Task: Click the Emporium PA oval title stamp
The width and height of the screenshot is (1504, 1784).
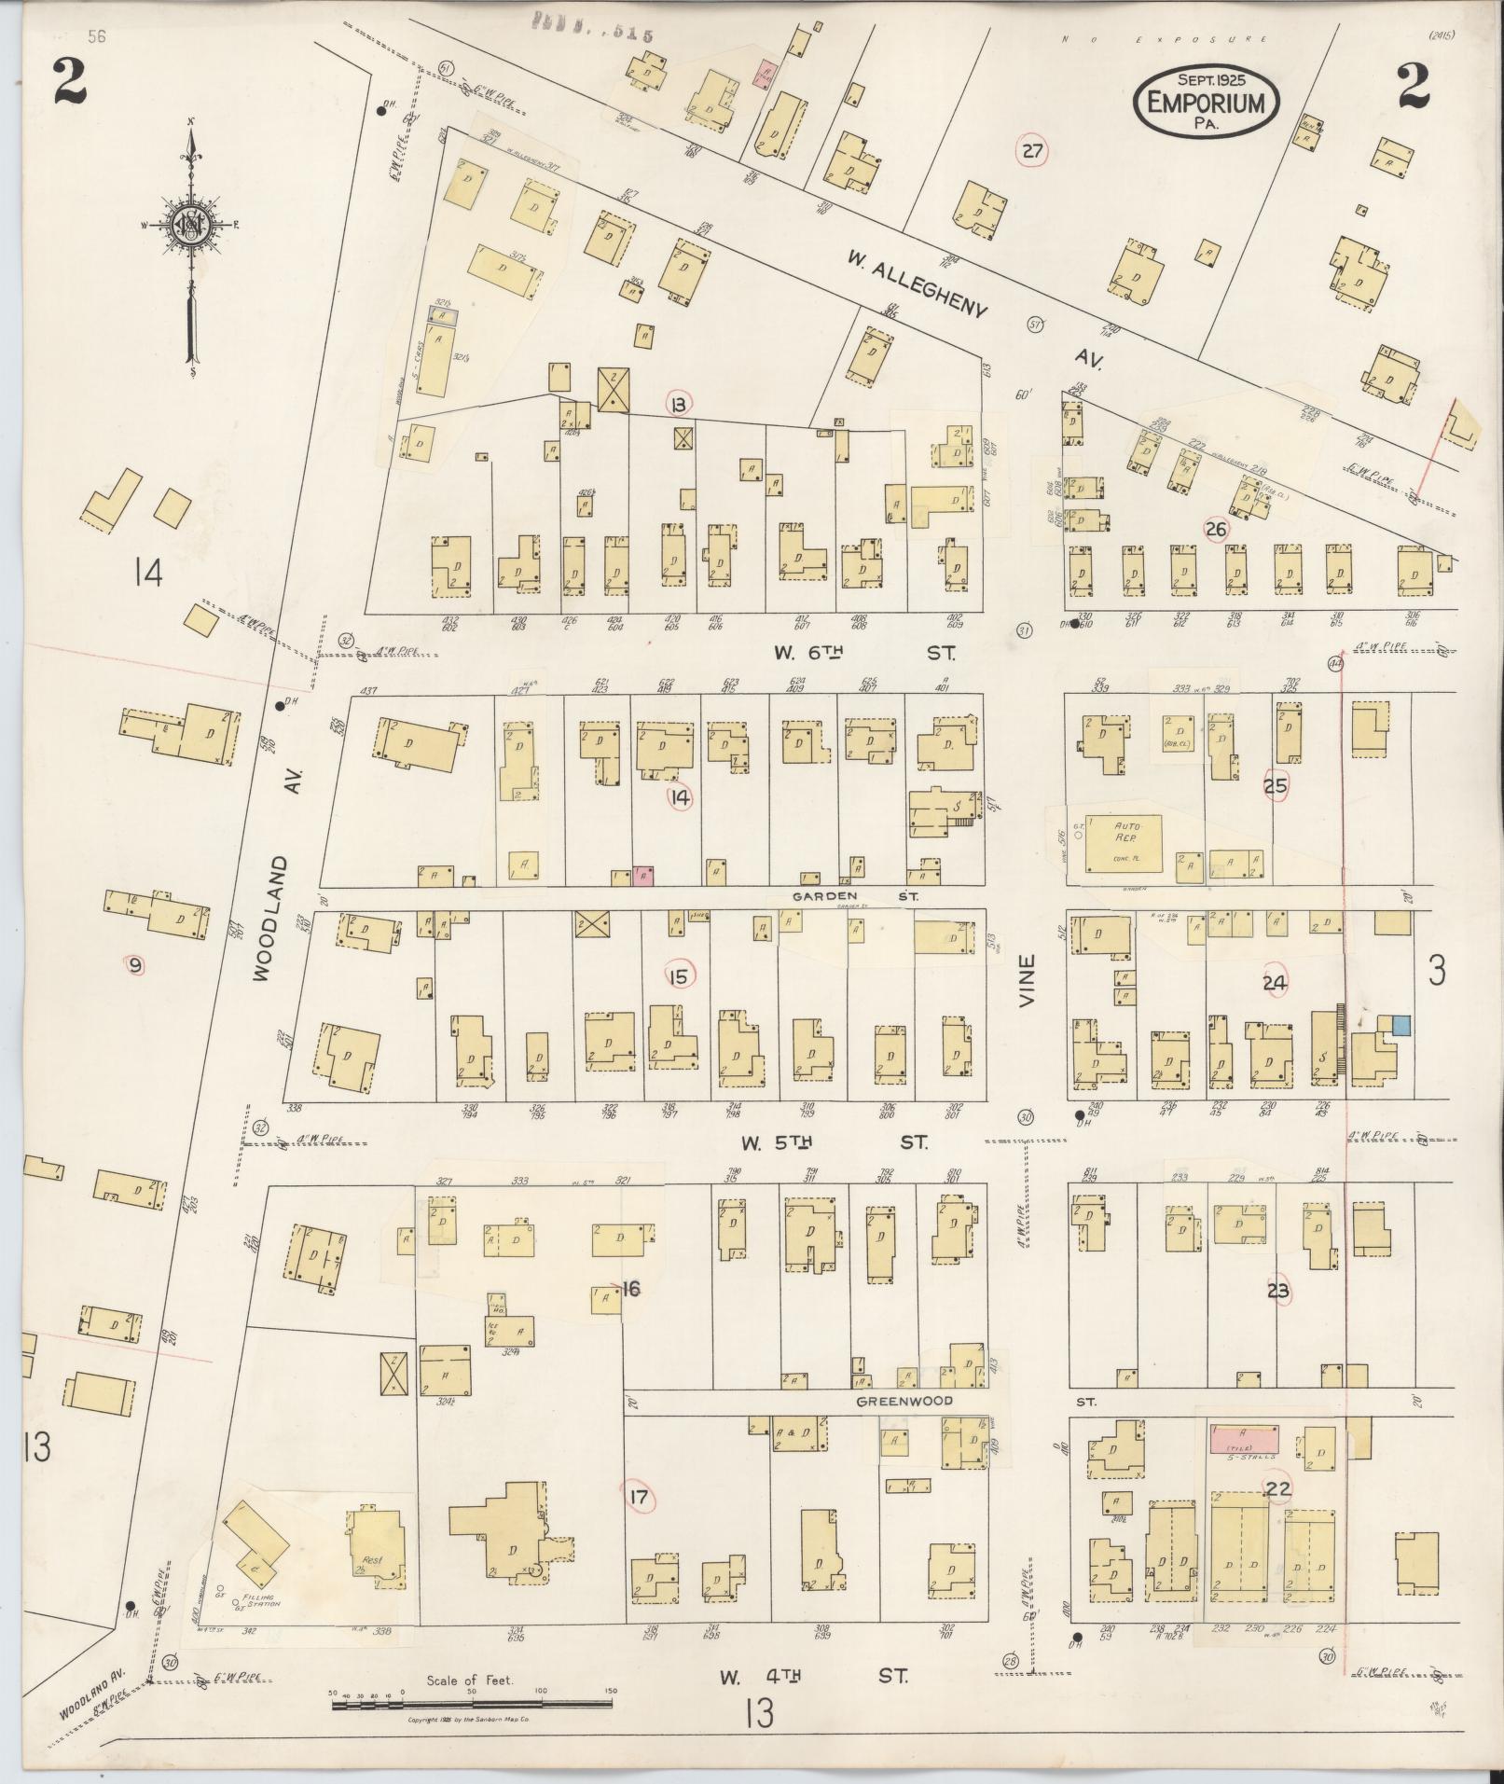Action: point(1207,101)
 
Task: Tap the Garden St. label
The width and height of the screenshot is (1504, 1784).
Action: point(855,895)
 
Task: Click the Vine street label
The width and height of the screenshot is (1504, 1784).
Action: point(1028,979)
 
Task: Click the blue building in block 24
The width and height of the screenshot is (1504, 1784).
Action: point(1401,1024)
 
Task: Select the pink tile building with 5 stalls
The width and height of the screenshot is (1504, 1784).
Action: point(1244,1437)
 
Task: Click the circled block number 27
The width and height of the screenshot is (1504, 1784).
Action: point(1032,152)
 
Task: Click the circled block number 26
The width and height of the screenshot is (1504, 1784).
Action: point(1215,530)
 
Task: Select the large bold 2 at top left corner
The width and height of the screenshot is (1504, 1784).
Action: point(70,81)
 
